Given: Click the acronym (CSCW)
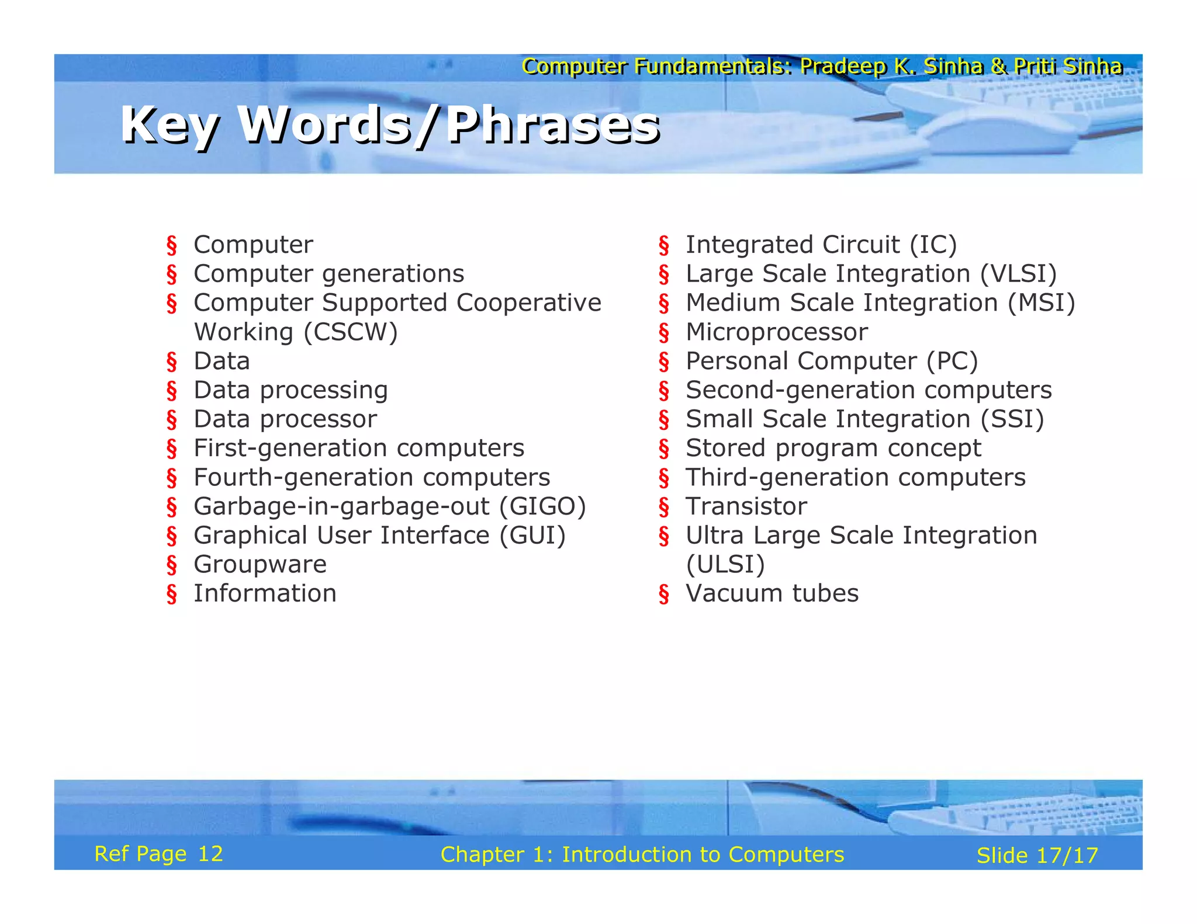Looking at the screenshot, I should click(351, 332).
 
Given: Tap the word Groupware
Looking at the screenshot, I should click(260, 565).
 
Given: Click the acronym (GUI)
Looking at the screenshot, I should click(532, 536).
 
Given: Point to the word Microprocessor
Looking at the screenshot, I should click(777, 332).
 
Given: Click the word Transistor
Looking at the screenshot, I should click(746, 506).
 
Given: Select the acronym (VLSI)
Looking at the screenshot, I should click(1019, 274).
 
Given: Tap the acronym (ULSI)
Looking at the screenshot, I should click(725, 565).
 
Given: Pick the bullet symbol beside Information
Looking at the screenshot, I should click(172, 595).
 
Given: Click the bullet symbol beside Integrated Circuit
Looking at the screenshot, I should click(664, 246).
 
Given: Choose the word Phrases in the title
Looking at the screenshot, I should click(553, 126).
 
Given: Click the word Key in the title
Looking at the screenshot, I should click(169, 126).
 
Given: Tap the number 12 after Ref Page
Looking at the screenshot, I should click(210, 854).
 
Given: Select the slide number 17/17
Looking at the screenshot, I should click(1067, 856).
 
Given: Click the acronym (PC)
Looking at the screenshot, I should click(952, 362).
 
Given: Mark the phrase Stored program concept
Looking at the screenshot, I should click(833, 449).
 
